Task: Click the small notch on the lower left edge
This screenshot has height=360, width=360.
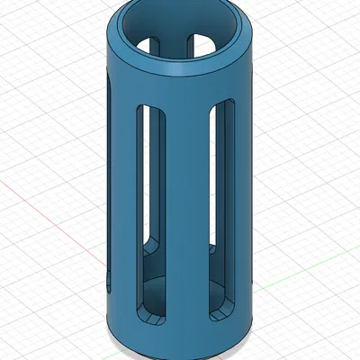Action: tap(108, 279)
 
